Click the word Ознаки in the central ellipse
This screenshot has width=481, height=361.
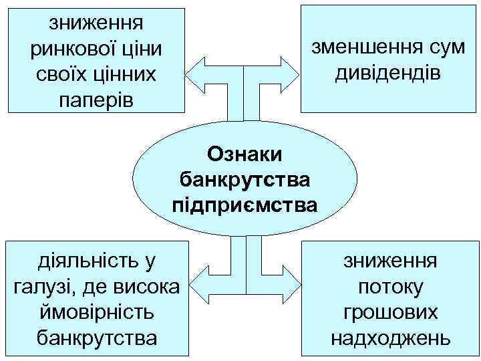pos(245,154)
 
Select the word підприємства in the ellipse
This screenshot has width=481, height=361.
pos(245,203)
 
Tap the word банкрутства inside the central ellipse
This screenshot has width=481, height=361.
pos(245,178)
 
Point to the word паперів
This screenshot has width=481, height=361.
pos(96,100)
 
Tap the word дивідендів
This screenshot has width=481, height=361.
pos(387,72)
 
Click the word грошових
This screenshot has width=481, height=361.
pos(391,312)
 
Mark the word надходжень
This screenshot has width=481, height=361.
pos(391,338)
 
